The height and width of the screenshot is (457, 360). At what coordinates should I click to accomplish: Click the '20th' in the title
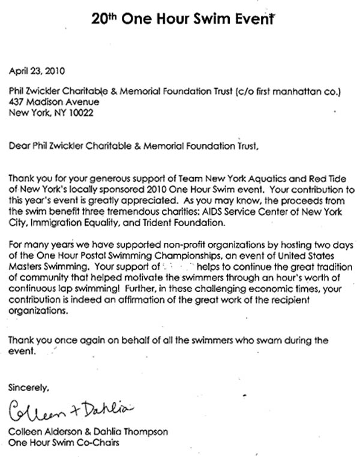coord(104,19)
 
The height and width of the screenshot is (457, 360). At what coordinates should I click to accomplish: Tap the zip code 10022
coord(82,113)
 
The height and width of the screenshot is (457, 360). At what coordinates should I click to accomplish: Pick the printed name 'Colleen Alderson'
coord(45,432)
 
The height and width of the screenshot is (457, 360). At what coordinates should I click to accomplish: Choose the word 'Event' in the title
coord(248,19)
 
